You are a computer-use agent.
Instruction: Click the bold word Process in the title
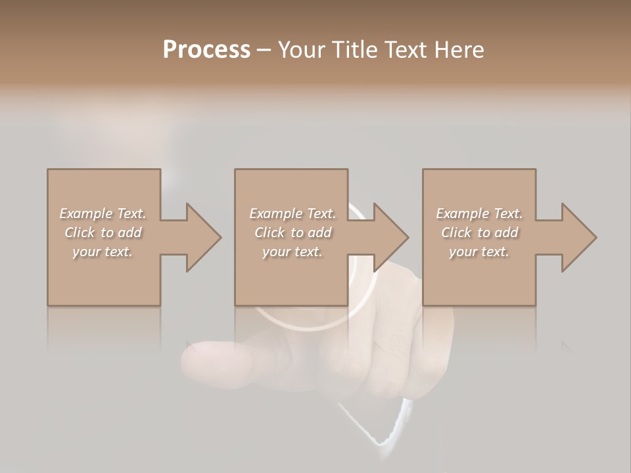[206, 50]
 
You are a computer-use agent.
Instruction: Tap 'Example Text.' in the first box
[103, 214]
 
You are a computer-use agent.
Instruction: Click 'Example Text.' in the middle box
[292, 214]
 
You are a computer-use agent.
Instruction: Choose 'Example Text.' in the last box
[479, 214]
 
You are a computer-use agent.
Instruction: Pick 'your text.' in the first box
[103, 252]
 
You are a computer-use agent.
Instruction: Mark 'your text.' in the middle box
[292, 252]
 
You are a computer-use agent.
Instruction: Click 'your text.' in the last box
[479, 252]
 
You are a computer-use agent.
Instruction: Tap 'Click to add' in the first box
[103, 233]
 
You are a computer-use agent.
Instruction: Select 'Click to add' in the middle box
[292, 233]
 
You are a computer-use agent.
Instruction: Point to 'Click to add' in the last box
[479, 233]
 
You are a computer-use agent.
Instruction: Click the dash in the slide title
[264, 50]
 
